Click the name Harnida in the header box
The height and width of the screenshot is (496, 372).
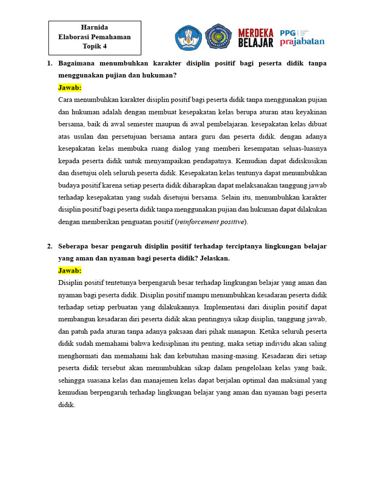point(94,28)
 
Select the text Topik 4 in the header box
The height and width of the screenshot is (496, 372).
point(94,46)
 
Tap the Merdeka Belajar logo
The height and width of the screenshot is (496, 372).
point(256,38)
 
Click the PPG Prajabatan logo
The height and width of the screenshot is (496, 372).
point(302,37)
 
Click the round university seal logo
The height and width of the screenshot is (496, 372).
point(218,37)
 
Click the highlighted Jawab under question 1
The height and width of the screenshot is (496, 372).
point(70,88)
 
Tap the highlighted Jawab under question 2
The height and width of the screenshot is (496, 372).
point(70,270)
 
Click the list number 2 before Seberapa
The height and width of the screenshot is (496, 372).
point(49,246)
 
